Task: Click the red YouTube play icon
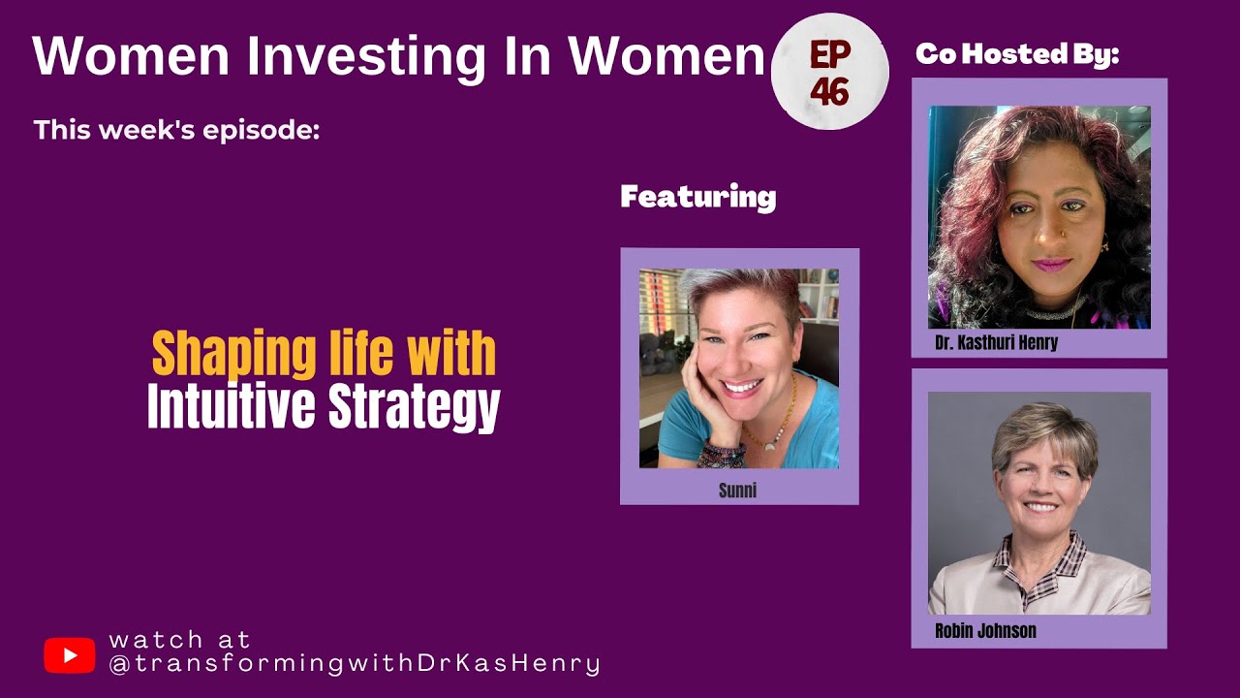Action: (69, 655)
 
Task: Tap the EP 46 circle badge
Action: (829, 72)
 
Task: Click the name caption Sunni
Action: (737, 491)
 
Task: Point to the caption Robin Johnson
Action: (985, 631)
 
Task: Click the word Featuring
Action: (697, 198)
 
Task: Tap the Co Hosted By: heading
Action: (1017, 54)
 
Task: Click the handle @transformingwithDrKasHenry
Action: (355, 664)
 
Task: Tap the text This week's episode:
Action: (176, 129)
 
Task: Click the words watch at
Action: (180, 640)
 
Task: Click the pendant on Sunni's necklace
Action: (771, 444)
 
